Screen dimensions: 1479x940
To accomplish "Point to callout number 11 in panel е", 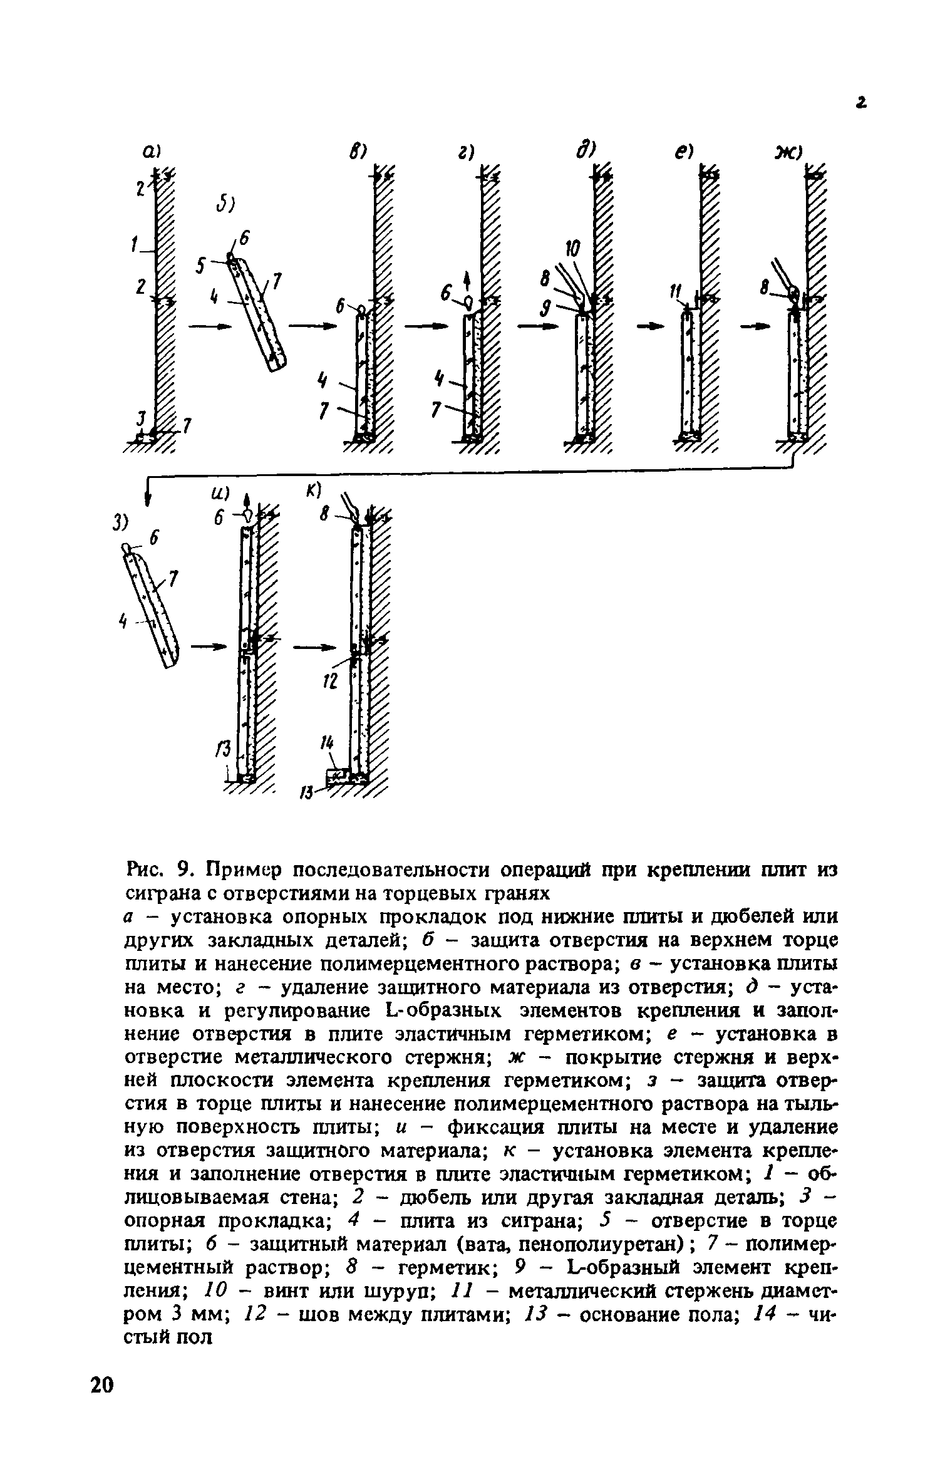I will [674, 292].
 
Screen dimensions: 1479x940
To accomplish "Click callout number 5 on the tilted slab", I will [200, 267].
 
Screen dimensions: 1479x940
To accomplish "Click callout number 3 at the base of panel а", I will [142, 417].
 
